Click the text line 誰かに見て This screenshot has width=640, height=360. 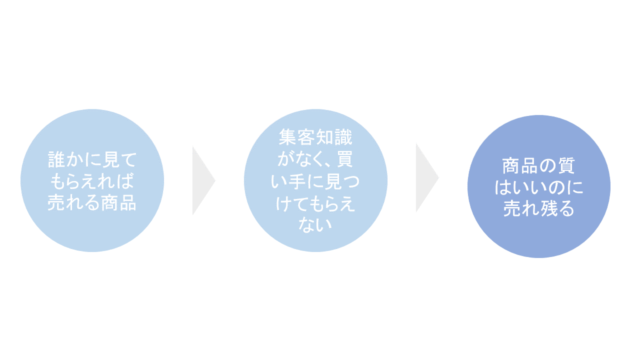[x=92, y=159]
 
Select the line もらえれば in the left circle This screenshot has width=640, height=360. [x=92, y=181]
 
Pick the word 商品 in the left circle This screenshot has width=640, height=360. [x=119, y=202]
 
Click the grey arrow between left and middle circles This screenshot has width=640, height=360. [x=203, y=180]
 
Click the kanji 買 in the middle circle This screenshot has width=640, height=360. [x=344, y=159]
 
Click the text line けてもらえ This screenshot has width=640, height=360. [x=315, y=203]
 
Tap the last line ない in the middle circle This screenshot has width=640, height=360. [x=315, y=225]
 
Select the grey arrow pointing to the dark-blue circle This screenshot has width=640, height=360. [x=427, y=177]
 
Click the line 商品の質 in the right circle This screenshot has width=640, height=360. [x=538, y=165]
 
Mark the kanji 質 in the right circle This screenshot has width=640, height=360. [x=566, y=165]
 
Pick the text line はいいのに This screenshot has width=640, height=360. [x=538, y=187]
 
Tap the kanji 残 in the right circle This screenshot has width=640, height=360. [x=548, y=208]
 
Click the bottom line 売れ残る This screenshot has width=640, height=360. [x=538, y=208]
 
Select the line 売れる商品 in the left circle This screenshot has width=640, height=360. [x=92, y=202]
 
